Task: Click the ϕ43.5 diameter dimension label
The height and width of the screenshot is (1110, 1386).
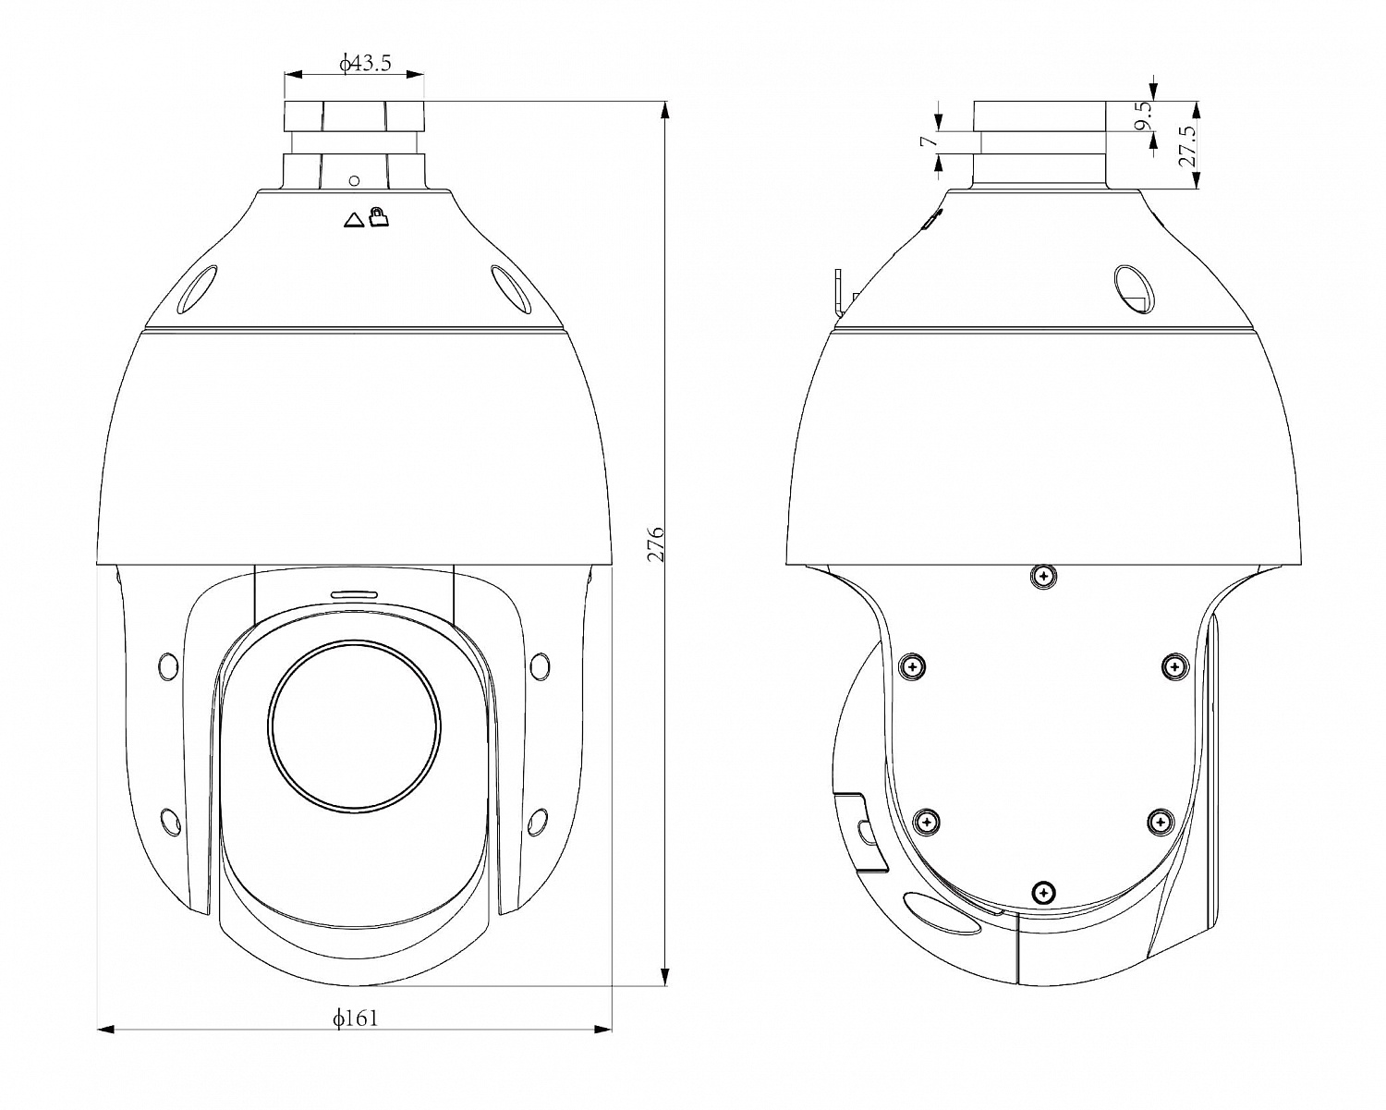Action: [366, 63]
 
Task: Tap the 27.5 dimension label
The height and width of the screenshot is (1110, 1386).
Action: [1188, 145]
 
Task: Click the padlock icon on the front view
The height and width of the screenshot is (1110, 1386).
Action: [379, 217]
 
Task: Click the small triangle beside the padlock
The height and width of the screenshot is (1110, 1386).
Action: [354, 220]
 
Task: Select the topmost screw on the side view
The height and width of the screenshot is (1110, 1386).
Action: [1042, 576]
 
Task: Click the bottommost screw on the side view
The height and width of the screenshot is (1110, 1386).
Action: [1042, 892]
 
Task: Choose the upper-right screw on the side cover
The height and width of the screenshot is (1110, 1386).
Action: [1173, 665]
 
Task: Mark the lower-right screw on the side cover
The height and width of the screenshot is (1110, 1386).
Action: [1161, 821]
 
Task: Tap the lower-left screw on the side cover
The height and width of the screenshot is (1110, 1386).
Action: [927, 821]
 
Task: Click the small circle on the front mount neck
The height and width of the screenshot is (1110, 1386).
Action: [353, 179]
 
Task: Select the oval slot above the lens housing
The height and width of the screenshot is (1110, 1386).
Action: [354, 592]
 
